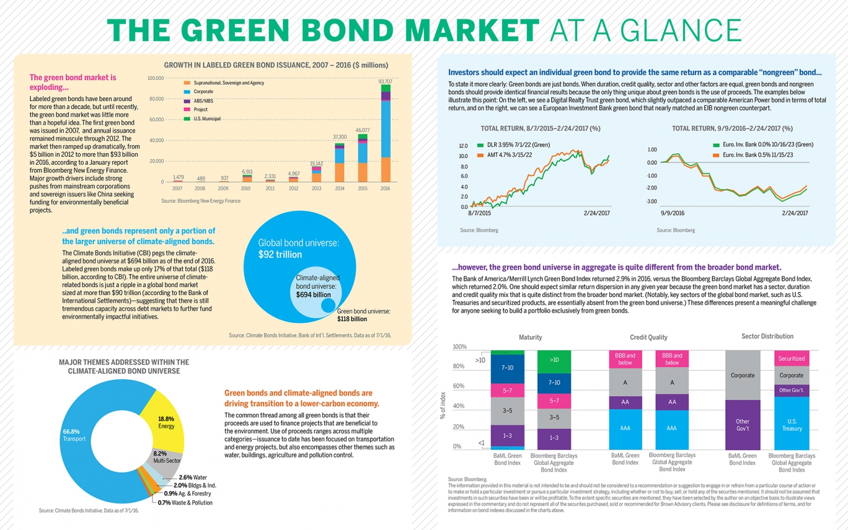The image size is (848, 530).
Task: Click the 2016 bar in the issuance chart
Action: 385,133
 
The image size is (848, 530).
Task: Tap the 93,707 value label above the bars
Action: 385,81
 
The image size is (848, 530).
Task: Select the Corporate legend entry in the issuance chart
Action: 203,91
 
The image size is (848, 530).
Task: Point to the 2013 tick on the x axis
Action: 316,188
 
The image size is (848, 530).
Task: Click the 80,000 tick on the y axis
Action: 156,99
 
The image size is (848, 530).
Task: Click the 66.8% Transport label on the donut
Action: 74,435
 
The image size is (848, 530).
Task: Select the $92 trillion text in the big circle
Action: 280,254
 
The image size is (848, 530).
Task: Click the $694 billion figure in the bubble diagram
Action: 313,295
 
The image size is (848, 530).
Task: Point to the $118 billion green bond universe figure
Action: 352,319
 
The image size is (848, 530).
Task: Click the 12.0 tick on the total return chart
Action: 463,146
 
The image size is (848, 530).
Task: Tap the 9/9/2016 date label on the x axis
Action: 672,213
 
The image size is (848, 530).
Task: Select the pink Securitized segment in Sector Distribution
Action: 791,359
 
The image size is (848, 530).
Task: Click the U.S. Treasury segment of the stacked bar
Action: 791,424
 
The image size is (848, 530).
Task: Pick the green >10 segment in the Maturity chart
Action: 554,360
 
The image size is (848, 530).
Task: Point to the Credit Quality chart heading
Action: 648,337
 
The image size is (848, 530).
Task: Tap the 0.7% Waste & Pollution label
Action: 185,503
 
